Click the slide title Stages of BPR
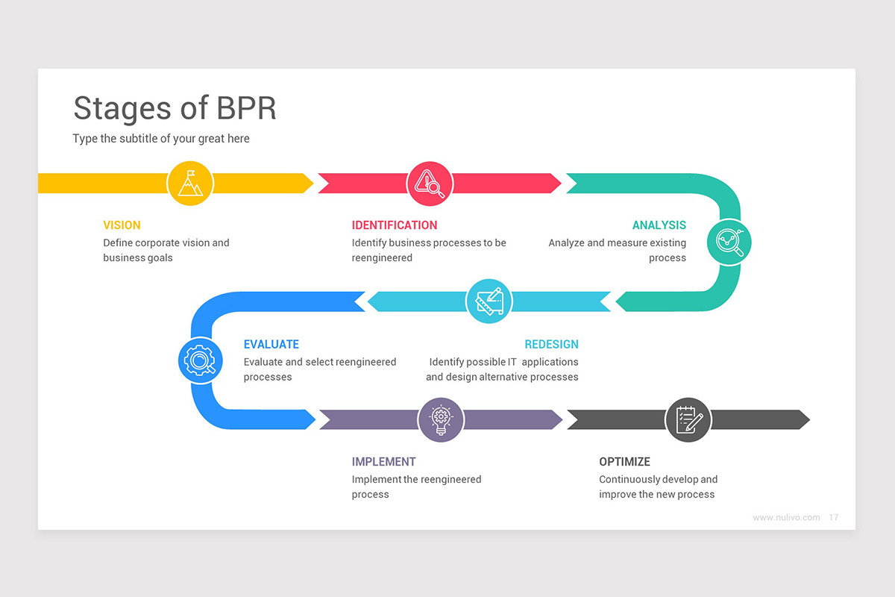coord(175,108)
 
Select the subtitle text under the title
coord(161,139)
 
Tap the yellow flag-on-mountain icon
coord(190,184)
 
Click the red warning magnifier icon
coord(430,184)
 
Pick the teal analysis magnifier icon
coord(729,242)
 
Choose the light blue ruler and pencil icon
coord(489,301)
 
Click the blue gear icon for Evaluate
coord(200,361)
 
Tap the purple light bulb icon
coord(441,419)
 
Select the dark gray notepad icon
coord(688,419)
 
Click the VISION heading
coord(122,225)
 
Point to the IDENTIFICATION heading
coord(395,225)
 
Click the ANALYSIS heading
coord(659,225)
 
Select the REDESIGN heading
coord(551,345)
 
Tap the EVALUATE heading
coord(271,345)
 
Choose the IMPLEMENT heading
coord(383,462)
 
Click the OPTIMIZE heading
coord(624,462)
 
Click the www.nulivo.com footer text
coord(786,517)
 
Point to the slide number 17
coord(834,517)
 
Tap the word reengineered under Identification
coord(382,258)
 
